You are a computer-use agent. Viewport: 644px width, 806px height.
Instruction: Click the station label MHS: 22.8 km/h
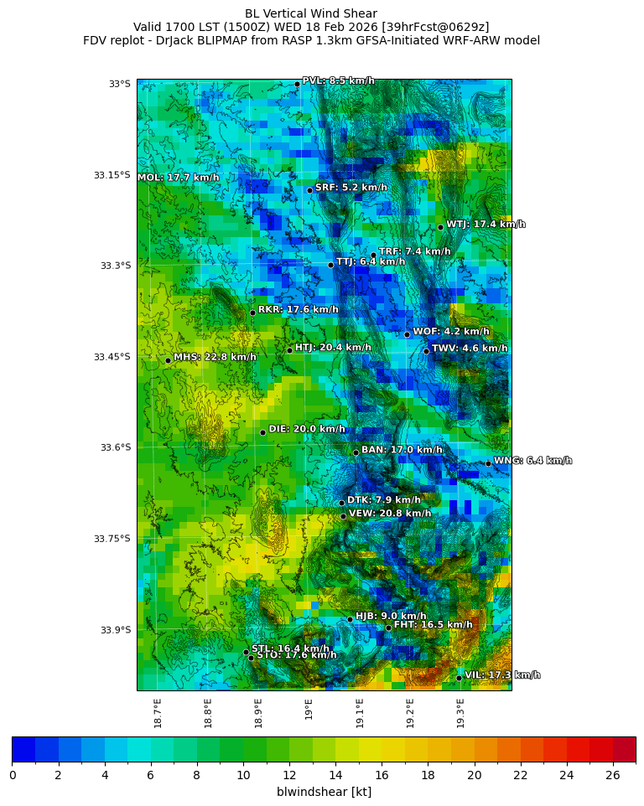click(x=215, y=357)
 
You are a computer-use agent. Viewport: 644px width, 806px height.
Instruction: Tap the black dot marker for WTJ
click(x=440, y=227)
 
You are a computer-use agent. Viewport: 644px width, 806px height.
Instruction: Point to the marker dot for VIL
click(x=459, y=678)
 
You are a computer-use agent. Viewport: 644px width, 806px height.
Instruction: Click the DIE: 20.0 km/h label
click(x=307, y=429)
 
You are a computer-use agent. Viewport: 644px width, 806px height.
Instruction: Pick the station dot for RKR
click(x=252, y=313)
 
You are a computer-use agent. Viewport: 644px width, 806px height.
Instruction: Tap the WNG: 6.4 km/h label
click(x=532, y=461)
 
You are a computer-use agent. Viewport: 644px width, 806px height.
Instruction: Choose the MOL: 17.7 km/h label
click(x=178, y=178)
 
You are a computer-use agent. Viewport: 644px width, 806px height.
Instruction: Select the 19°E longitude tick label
click(x=309, y=709)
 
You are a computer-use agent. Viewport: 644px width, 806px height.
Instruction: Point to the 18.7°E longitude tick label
click(x=158, y=712)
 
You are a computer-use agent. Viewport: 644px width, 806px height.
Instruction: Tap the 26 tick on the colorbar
click(x=613, y=775)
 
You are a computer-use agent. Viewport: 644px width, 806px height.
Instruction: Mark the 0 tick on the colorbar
click(x=13, y=775)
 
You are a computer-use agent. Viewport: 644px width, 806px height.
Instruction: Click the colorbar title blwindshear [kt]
click(x=324, y=792)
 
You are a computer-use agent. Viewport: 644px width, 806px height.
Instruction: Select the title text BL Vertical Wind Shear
click(x=311, y=13)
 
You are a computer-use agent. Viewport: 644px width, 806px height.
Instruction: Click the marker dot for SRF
click(x=309, y=190)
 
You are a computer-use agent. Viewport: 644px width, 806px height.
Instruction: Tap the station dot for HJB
click(x=350, y=619)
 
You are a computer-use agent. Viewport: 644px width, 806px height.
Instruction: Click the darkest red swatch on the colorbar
click(x=624, y=749)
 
